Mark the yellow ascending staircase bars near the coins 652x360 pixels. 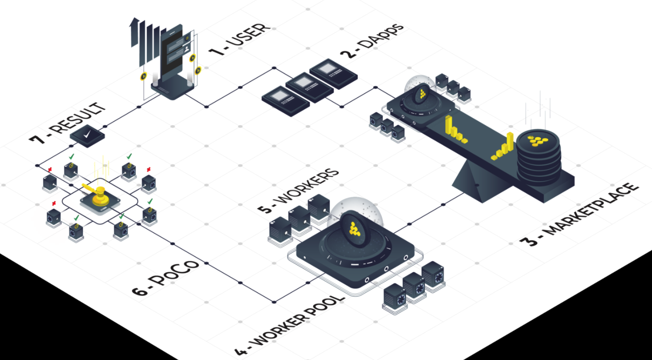(503, 148)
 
